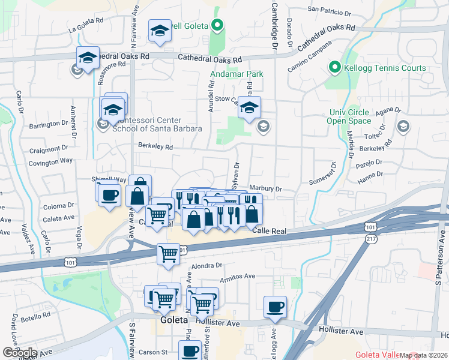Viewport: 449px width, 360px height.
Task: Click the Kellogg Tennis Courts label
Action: click(385, 68)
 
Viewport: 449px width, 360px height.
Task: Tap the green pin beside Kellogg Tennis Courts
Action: click(334, 67)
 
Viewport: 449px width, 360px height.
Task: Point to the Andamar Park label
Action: click(237, 74)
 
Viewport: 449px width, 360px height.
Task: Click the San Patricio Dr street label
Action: click(329, 10)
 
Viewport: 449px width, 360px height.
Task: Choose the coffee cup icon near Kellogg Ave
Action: click(275, 307)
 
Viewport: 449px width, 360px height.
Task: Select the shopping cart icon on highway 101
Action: click(168, 254)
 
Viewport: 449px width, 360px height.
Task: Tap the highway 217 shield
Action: click(371, 239)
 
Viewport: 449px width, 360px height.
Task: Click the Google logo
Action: click(19, 353)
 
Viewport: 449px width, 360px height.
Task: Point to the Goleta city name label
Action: click(175, 320)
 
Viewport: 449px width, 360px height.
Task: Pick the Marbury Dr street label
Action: click(265, 190)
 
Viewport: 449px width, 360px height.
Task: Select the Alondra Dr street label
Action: click(207, 265)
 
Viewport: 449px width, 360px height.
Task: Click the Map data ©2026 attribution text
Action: click(424, 355)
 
